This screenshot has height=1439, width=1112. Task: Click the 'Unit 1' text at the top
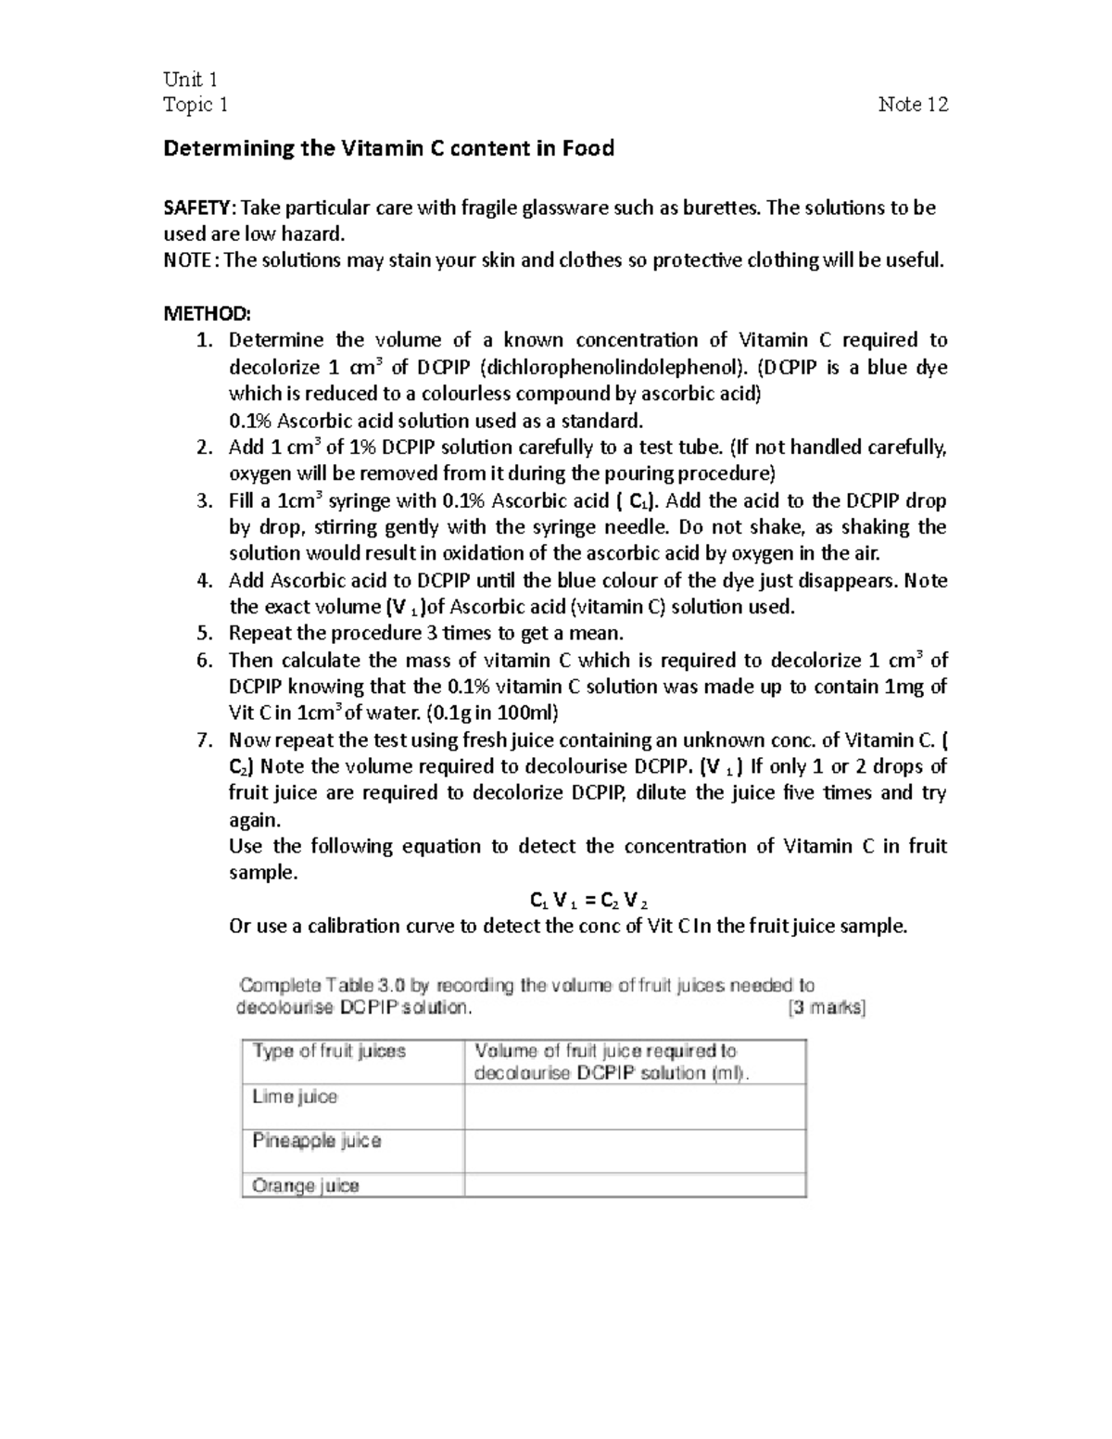pos(190,79)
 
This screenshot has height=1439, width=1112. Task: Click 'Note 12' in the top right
pos(913,105)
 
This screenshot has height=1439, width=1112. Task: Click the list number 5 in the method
pos(205,634)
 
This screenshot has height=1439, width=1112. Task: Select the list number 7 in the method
pos(205,740)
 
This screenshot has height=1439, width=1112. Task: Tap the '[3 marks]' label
pos(827,1008)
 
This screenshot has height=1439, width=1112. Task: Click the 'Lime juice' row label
pos(295,1097)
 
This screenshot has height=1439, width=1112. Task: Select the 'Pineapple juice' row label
pos(316,1141)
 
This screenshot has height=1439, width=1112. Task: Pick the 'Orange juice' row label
pos(305,1186)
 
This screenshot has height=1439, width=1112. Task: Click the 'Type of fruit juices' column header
pos(329,1052)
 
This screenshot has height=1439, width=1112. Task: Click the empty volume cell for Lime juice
pos(635,1107)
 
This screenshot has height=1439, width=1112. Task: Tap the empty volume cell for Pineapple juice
pos(635,1152)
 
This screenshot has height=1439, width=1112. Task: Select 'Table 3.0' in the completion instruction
pos(350,986)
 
